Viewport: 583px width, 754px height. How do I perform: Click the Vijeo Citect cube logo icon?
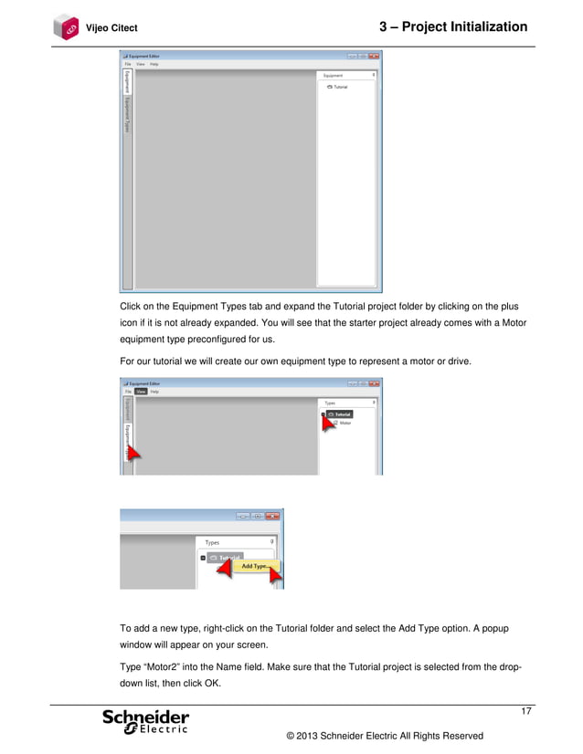(x=67, y=27)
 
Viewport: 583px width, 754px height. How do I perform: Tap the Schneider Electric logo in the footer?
(x=146, y=721)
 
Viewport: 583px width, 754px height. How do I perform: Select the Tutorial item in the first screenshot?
(x=339, y=87)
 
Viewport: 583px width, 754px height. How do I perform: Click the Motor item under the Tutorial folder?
(x=344, y=424)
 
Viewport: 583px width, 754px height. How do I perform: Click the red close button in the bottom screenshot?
(x=273, y=517)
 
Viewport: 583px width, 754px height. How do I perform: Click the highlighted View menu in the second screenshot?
(x=141, y=392)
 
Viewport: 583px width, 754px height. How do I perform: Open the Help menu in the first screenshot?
(x=154, y=64)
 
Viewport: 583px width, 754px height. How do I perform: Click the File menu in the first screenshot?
(x=128, y=64)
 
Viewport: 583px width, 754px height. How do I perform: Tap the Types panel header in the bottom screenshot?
(x=213, y=542)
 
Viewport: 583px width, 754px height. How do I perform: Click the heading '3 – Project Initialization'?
(x=452, y=27)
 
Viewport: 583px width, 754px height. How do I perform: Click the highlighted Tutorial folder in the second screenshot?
(x=339, y=414)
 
